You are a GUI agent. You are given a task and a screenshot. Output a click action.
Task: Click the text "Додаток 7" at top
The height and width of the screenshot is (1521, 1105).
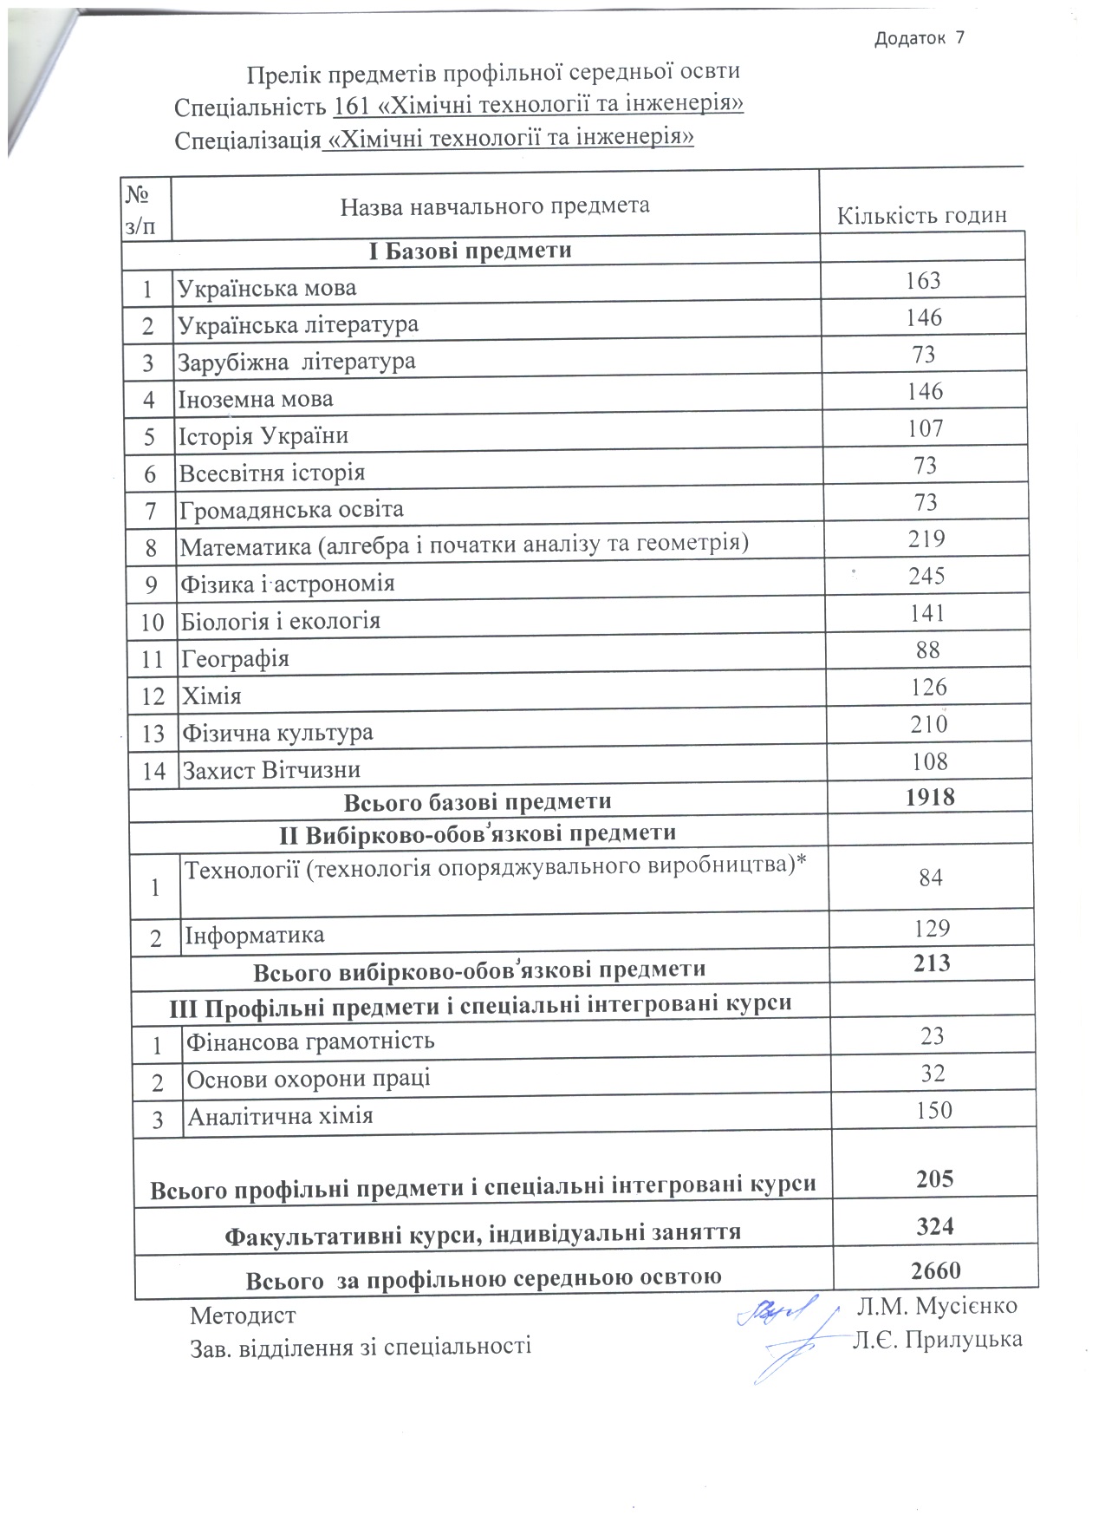coord(920,38)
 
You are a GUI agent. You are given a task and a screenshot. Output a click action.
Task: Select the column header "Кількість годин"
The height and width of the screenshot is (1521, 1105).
coord(921,216)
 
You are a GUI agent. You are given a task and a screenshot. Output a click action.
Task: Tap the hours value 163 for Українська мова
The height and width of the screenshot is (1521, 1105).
coord(923,281)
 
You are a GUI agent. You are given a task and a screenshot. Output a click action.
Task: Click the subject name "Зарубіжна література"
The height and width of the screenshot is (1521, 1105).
coord(296,362)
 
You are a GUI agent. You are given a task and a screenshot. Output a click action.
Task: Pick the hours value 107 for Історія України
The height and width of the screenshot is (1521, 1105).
coord(925,428)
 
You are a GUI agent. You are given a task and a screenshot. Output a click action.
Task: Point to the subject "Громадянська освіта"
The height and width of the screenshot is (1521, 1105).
coord(291,509)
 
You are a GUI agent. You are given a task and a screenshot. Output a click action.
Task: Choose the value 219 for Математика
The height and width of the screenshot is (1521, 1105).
coord(926,539)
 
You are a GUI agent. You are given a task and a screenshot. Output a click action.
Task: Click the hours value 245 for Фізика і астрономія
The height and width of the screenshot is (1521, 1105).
coord(926,576)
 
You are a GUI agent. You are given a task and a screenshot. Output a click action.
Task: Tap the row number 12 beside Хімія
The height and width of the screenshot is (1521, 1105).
coord(153,696)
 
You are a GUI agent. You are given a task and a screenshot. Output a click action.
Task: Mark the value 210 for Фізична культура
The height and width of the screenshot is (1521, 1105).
coord(928,724)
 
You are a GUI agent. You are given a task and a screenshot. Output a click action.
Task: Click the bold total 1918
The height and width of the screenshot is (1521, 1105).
coord(930,797)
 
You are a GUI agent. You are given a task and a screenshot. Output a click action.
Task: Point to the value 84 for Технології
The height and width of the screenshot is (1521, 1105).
coord(931,878)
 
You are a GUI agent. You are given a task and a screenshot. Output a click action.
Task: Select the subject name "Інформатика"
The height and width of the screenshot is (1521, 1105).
coord(255,936)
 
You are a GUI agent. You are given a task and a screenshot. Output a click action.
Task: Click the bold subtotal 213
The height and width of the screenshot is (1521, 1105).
coord(932,963)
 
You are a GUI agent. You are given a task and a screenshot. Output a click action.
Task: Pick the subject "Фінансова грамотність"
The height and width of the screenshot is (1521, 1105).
coord(310,1041)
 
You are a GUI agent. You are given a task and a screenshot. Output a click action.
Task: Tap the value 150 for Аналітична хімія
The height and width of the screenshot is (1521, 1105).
coord(933,1111)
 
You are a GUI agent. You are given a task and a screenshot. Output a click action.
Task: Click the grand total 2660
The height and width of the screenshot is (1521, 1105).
coord(936,1270)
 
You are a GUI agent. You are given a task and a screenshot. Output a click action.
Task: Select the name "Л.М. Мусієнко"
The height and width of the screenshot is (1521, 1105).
coord(937,1306)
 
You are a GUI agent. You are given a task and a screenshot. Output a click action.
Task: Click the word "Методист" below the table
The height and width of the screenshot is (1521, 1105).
coord(243,1315)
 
